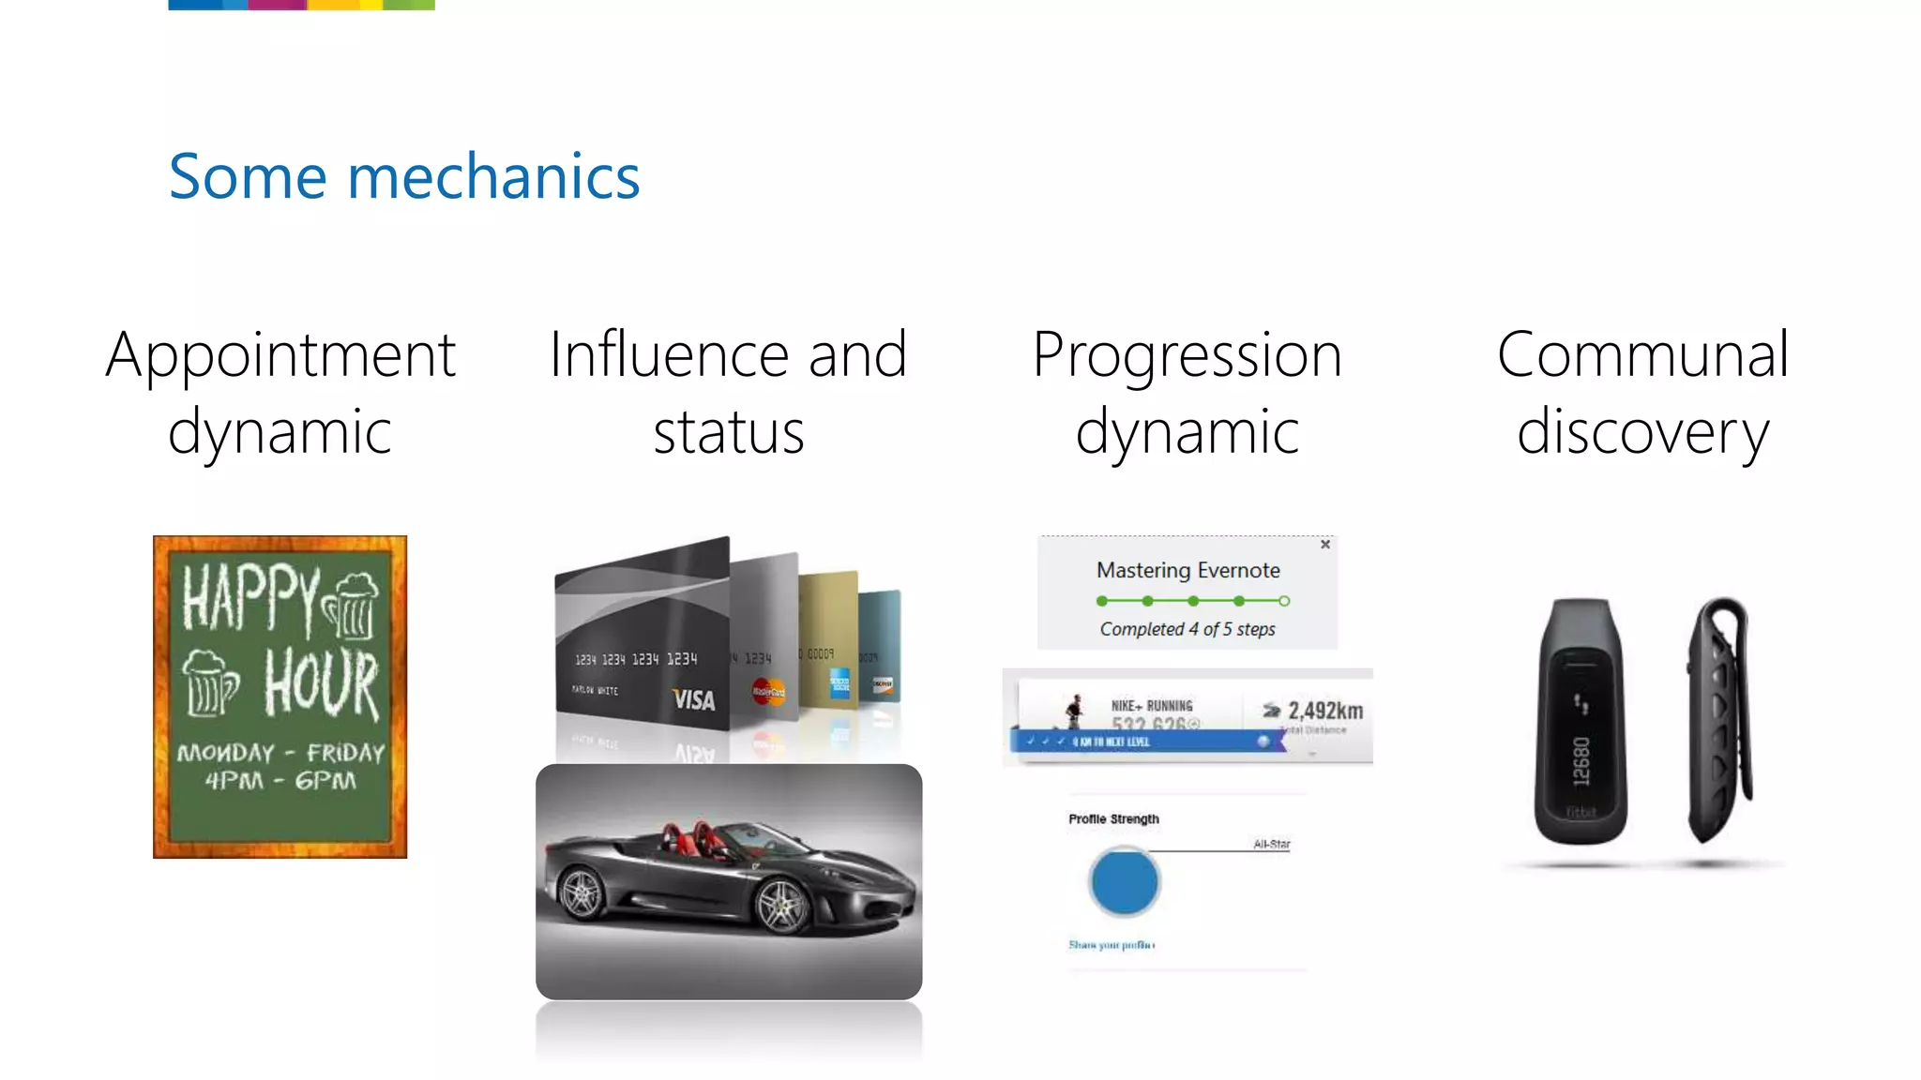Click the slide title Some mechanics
[x=403, y=177]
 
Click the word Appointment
[x=280, y=356]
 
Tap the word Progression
[x=1187, y=356]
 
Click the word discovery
[x=1642, y=433]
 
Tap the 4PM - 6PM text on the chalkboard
[x=280, y=780]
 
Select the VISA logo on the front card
[x=694, y=699]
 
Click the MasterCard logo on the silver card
[x=768, y=692]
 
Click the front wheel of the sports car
[x=781, y=906]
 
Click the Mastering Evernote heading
[x=1187, y=570]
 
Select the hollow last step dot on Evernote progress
[x=1284, y=601]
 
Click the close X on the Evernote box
[x=1325, y=544]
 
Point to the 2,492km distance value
[x=1324, y=711]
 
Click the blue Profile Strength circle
[x=1124, y=881]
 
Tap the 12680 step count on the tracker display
[x=1581, y=760]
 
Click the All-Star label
[x=1271, y=844]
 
